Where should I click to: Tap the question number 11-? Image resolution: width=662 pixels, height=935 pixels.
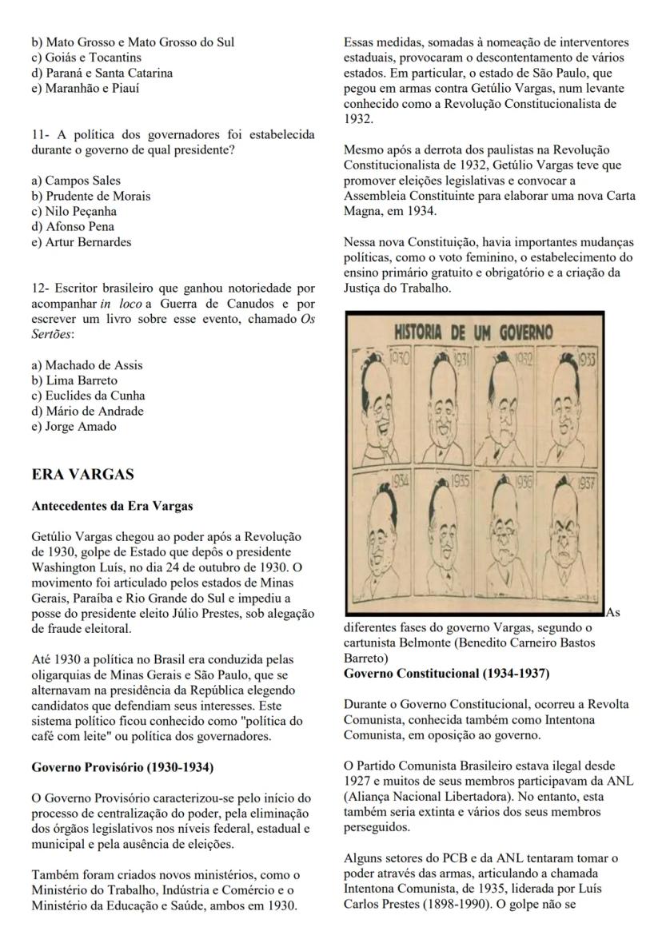click(x=42, y=133)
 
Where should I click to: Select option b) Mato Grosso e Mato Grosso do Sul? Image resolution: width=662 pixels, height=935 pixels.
click(x=134, y=42)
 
